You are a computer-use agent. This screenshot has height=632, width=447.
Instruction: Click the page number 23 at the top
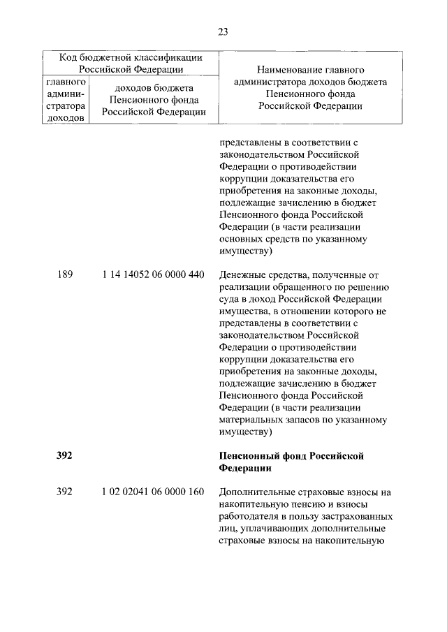(223, 31)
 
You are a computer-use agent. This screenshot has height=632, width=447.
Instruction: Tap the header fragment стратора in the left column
(64, 106)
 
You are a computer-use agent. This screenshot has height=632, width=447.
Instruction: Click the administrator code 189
(64, 274)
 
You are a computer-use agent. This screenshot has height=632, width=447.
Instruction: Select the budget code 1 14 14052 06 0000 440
(153, 274)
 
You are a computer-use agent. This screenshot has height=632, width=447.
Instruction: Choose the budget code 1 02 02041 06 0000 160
(153, 492)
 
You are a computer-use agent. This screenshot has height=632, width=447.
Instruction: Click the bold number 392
(64, 456)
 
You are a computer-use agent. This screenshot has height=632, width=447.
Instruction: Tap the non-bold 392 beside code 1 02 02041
(64, 492)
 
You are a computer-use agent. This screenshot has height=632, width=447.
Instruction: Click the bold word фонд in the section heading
(292, 456)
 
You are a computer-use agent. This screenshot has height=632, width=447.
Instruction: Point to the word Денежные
(242, 274)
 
